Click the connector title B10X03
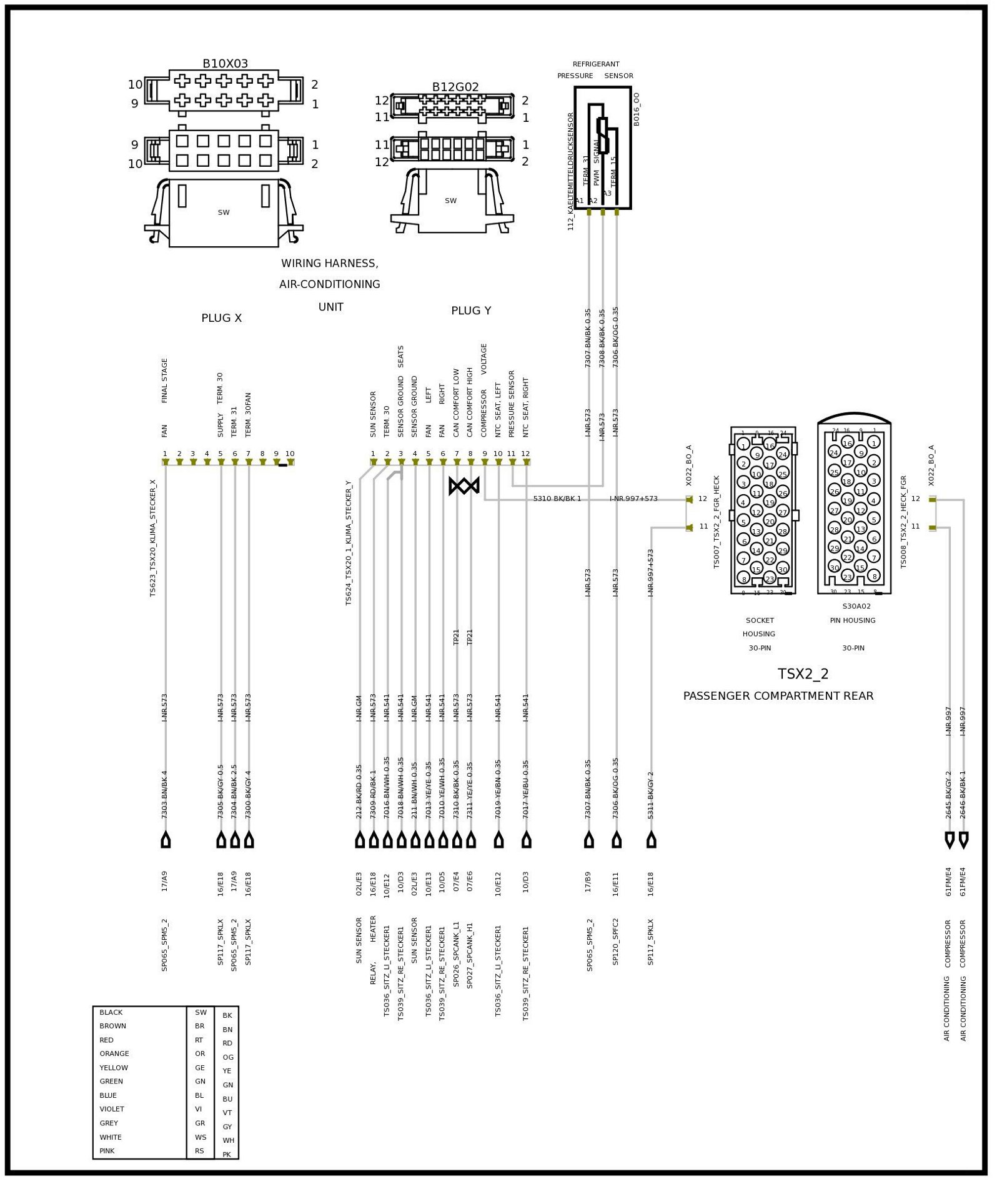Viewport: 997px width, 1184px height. point(225,64)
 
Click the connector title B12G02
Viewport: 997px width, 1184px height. point(455,87)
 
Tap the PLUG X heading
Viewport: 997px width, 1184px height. point(221,318)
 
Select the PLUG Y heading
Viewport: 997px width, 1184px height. point(471,311)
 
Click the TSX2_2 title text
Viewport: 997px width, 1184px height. point(803,674)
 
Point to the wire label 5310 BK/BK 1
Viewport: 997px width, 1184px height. point(557,499)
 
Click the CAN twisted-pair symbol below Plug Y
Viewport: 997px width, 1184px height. point(464,485)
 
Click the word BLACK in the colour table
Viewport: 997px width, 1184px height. point(111,1012)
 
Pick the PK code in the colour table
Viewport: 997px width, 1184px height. point(227,1154)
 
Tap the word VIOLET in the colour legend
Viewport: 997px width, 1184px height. point(112,1109)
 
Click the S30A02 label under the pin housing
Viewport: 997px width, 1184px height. point(856,606)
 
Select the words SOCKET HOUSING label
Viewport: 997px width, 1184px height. point(760,627)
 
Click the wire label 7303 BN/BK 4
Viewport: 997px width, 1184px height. point(165,794)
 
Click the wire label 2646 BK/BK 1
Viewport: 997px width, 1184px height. point(963,794)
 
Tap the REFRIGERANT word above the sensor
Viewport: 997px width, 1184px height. point(596,64)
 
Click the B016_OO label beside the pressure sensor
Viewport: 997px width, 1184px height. point(637,109)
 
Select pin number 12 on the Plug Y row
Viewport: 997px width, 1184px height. point(525,454)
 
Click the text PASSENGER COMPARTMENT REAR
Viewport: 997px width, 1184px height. point(778,696)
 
